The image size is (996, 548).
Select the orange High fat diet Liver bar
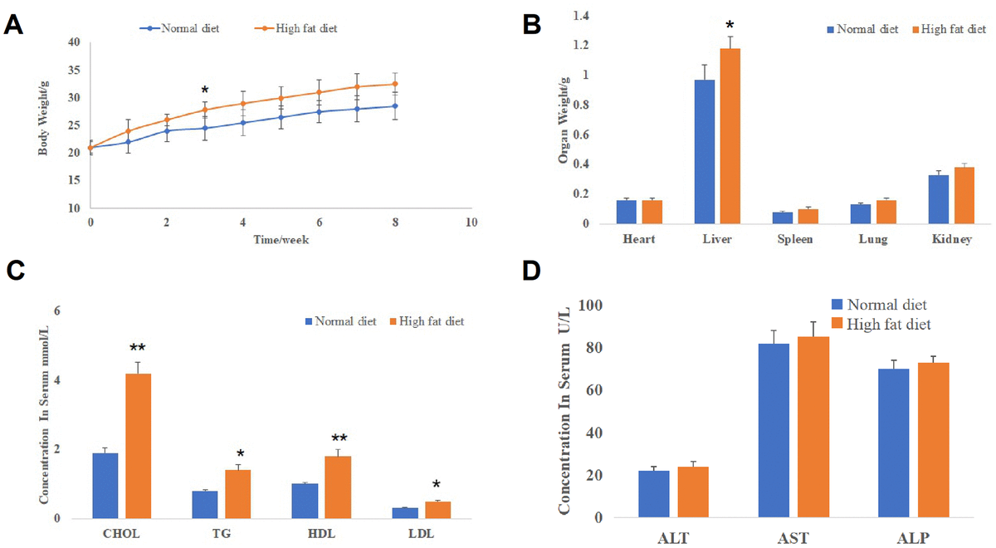pyautogui.click(x=730, y=136)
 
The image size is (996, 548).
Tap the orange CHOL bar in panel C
pyautogui.click(x=138, y=446)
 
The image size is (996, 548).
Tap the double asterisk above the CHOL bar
pyautogui.click(x=138, y=348)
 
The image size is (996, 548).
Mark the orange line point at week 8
pyautogui.click(x=395, y=84)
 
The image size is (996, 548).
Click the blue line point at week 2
pyautogui.click(x=167, y=130)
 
